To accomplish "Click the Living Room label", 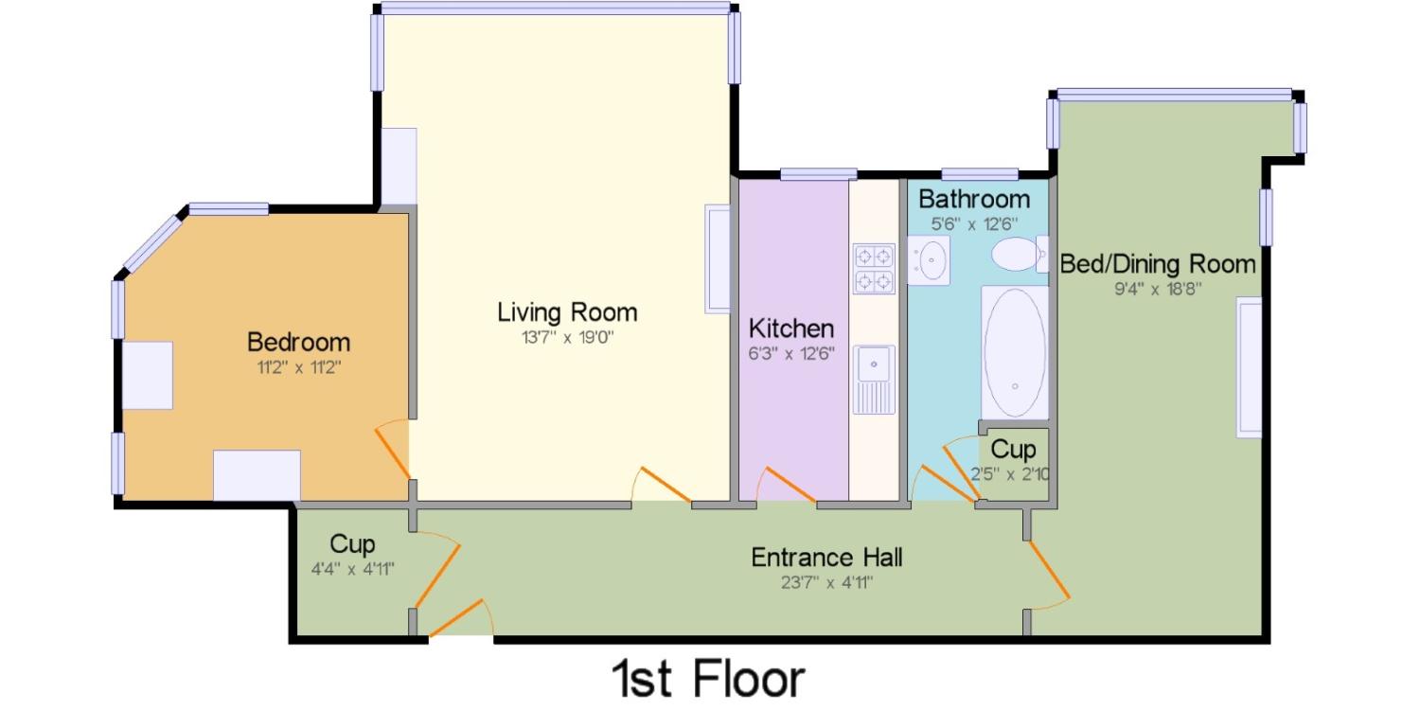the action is coord(567,312).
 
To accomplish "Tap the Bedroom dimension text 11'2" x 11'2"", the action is coord(298,367).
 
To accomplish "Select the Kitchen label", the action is coord(791,328).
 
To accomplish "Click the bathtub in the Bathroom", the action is coord(1015,352).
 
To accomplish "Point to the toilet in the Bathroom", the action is coord(1020,255).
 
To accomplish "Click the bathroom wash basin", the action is coord(929,260).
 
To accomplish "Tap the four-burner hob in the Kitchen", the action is coord(874,269).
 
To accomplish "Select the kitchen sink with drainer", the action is coord(874,379).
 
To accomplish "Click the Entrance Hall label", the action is coord(826,558).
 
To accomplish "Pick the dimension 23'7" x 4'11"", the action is coord(826,582).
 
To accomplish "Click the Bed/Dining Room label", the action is coord(1158,264).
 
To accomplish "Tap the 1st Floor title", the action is coord(708,679).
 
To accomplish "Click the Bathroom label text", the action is coord(974,199).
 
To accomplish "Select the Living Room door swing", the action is coord(662,485).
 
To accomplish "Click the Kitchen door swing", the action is coord(786,485).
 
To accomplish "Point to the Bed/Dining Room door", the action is coord(1049,569).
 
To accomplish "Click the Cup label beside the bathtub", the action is coord(1013,450).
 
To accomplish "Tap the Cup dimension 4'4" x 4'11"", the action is coord(352,569).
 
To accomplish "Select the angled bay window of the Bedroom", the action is coord(152,242).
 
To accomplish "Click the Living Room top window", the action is coord(556,9).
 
